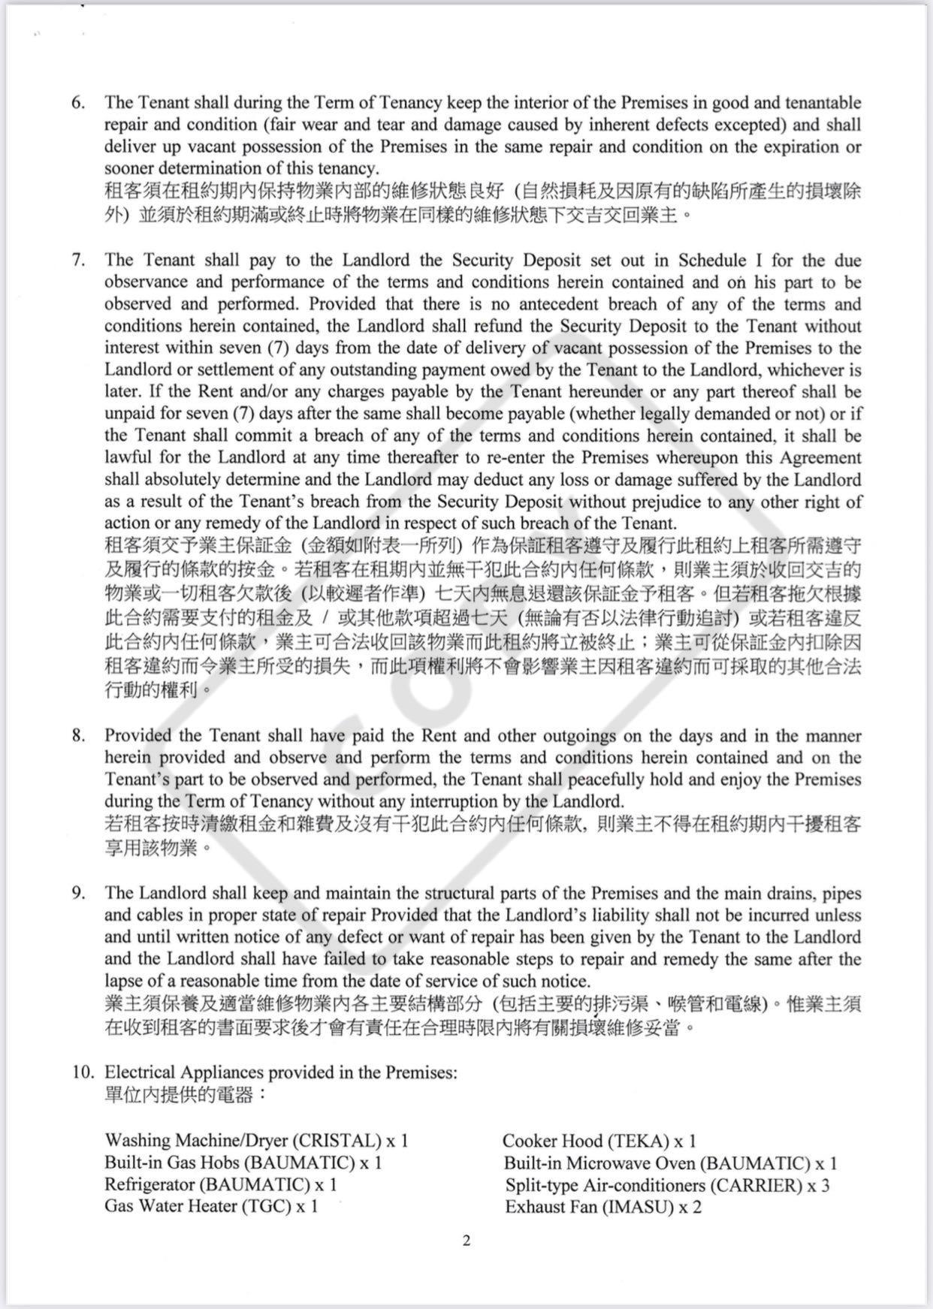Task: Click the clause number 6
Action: pyautogui.click(x=78, y=103)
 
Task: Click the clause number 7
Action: pyautogui.click(x=78, y=261)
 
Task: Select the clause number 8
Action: pyautogui.click(x=78, y=736)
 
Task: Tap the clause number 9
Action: pyautogui.click(x=78, y=894)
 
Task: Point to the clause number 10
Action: pyautogui.click(x=82, y=1072)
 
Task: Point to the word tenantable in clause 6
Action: pyautogui.click(x=820, y=103)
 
